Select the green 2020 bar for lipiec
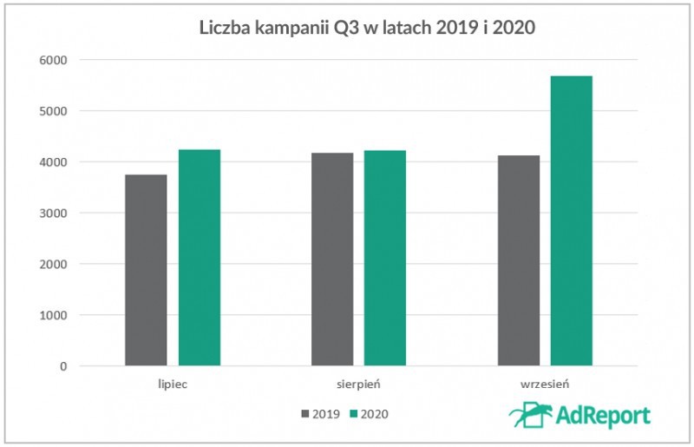click(200, 258)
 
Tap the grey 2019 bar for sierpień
click(332, 260)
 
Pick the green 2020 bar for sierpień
click(385, 258)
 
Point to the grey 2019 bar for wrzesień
click(519, 260)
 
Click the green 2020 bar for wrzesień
click(572, 220)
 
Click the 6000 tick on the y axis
click(54, 61)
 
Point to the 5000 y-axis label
click(54, 111)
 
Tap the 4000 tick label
click(54, 162)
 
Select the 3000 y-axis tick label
click(54, 214)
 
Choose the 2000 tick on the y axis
click(54, 264)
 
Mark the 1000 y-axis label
click(54, 315)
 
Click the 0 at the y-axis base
click(63, 366)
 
